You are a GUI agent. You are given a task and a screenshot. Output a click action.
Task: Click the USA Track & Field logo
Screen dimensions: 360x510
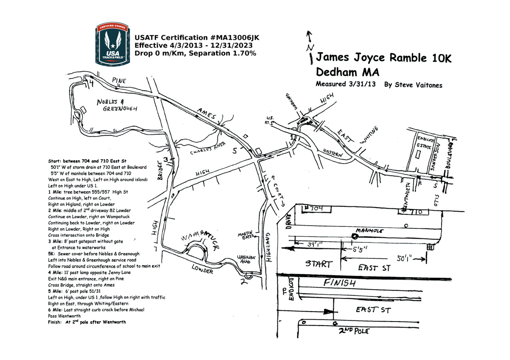pyautogui.click(x=112, y=44)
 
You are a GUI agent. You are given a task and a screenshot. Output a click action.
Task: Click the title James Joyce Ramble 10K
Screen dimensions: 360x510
pyautogui.click(x=384, y=58)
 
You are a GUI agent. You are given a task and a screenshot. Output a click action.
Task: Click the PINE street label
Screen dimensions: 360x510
pyautogui.click(x=119, y=81)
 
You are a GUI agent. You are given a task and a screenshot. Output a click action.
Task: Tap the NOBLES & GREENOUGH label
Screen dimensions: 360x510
pyautogui.click(x=117, y=105)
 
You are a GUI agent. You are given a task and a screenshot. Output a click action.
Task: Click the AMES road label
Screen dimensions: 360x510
pyautogui.click(x=207, y=113)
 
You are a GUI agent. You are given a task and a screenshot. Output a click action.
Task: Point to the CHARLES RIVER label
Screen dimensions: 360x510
pyautogui.click(x=208, y=148)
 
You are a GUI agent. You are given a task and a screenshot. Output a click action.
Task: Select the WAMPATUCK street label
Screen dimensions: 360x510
pyautogui.click(x=199, y=240)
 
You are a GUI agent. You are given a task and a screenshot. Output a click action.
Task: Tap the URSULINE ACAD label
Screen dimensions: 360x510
pyautogui.click(x=246, y=259)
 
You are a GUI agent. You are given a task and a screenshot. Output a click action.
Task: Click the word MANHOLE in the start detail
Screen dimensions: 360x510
pyautogui.click(x=369, y=231)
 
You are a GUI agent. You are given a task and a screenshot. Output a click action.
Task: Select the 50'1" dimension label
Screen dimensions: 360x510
pyautogui.click(x=405, y=259)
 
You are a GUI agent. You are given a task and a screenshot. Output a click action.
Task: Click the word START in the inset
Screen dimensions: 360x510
pyautogui.click(x=319, y=264)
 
